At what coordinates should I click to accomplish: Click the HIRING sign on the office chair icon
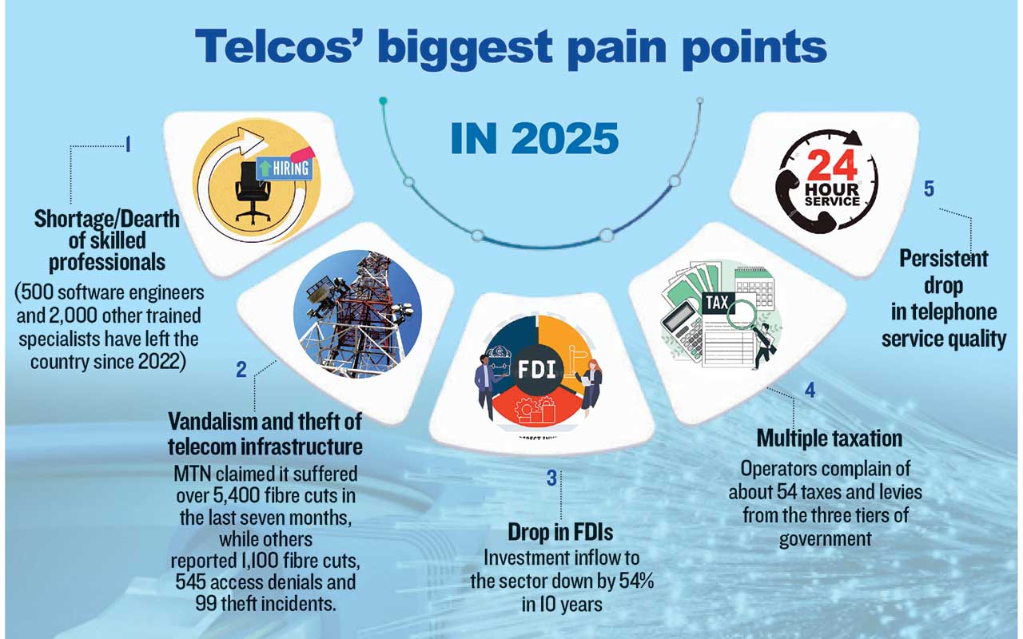tap(285, 169)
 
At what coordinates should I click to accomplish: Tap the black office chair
tap(252, 192)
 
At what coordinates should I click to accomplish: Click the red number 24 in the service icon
tap(832, 165)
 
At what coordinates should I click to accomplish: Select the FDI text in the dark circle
tap(536, 369)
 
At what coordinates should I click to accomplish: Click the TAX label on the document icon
tap(717, 302)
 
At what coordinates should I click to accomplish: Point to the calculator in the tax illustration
tap(682, 331)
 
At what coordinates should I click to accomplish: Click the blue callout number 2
tap(241, 369)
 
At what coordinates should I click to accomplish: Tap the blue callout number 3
tap(551, 478)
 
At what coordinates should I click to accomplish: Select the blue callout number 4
tap(810, 390)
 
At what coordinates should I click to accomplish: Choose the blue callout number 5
tap(929, 189)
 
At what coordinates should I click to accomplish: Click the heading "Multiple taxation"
tap(830, 439)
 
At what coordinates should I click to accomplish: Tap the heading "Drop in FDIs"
tap(560, 532)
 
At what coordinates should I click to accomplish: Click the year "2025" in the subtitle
tap(564, 138)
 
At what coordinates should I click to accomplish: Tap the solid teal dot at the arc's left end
tap(383, 101)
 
